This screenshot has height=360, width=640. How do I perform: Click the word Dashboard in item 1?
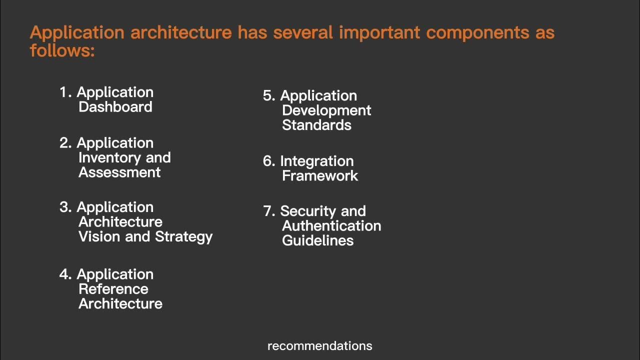point(115,107)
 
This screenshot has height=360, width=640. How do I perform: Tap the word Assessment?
point(119,172)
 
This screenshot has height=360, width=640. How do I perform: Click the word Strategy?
point(183,237)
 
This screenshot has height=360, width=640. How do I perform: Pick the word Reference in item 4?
point(113,289)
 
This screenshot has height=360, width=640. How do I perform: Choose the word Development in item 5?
point(326,110)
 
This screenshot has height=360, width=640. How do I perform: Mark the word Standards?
point(316,125)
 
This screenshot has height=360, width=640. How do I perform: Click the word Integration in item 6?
point(316,161)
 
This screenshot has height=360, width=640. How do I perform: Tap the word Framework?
point(320,176)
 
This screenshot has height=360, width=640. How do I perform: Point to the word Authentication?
point(331,226)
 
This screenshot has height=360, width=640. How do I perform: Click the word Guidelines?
point(317,240)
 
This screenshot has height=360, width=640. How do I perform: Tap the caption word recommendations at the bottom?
point(320,346)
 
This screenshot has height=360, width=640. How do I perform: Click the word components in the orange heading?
point(477,33)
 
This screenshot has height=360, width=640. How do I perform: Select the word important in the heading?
point(380,33)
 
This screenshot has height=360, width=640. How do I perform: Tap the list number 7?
point(268,211)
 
